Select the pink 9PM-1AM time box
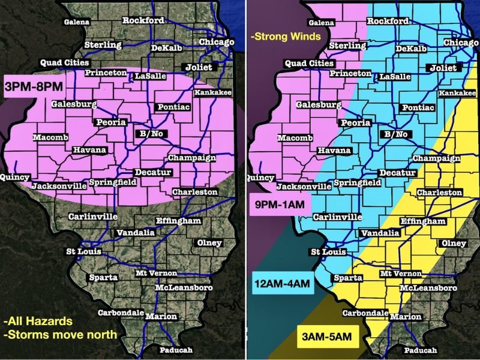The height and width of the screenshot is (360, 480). coord(280,205)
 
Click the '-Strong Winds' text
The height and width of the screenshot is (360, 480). coord(286,37)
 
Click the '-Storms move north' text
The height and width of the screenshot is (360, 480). coord(60,334)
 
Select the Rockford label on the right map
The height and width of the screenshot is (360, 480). coord(387,21)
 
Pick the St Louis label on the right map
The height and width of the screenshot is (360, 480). coord(329,252)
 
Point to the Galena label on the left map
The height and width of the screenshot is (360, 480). coord(77,22)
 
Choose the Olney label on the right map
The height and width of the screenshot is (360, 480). coord(453,243)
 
